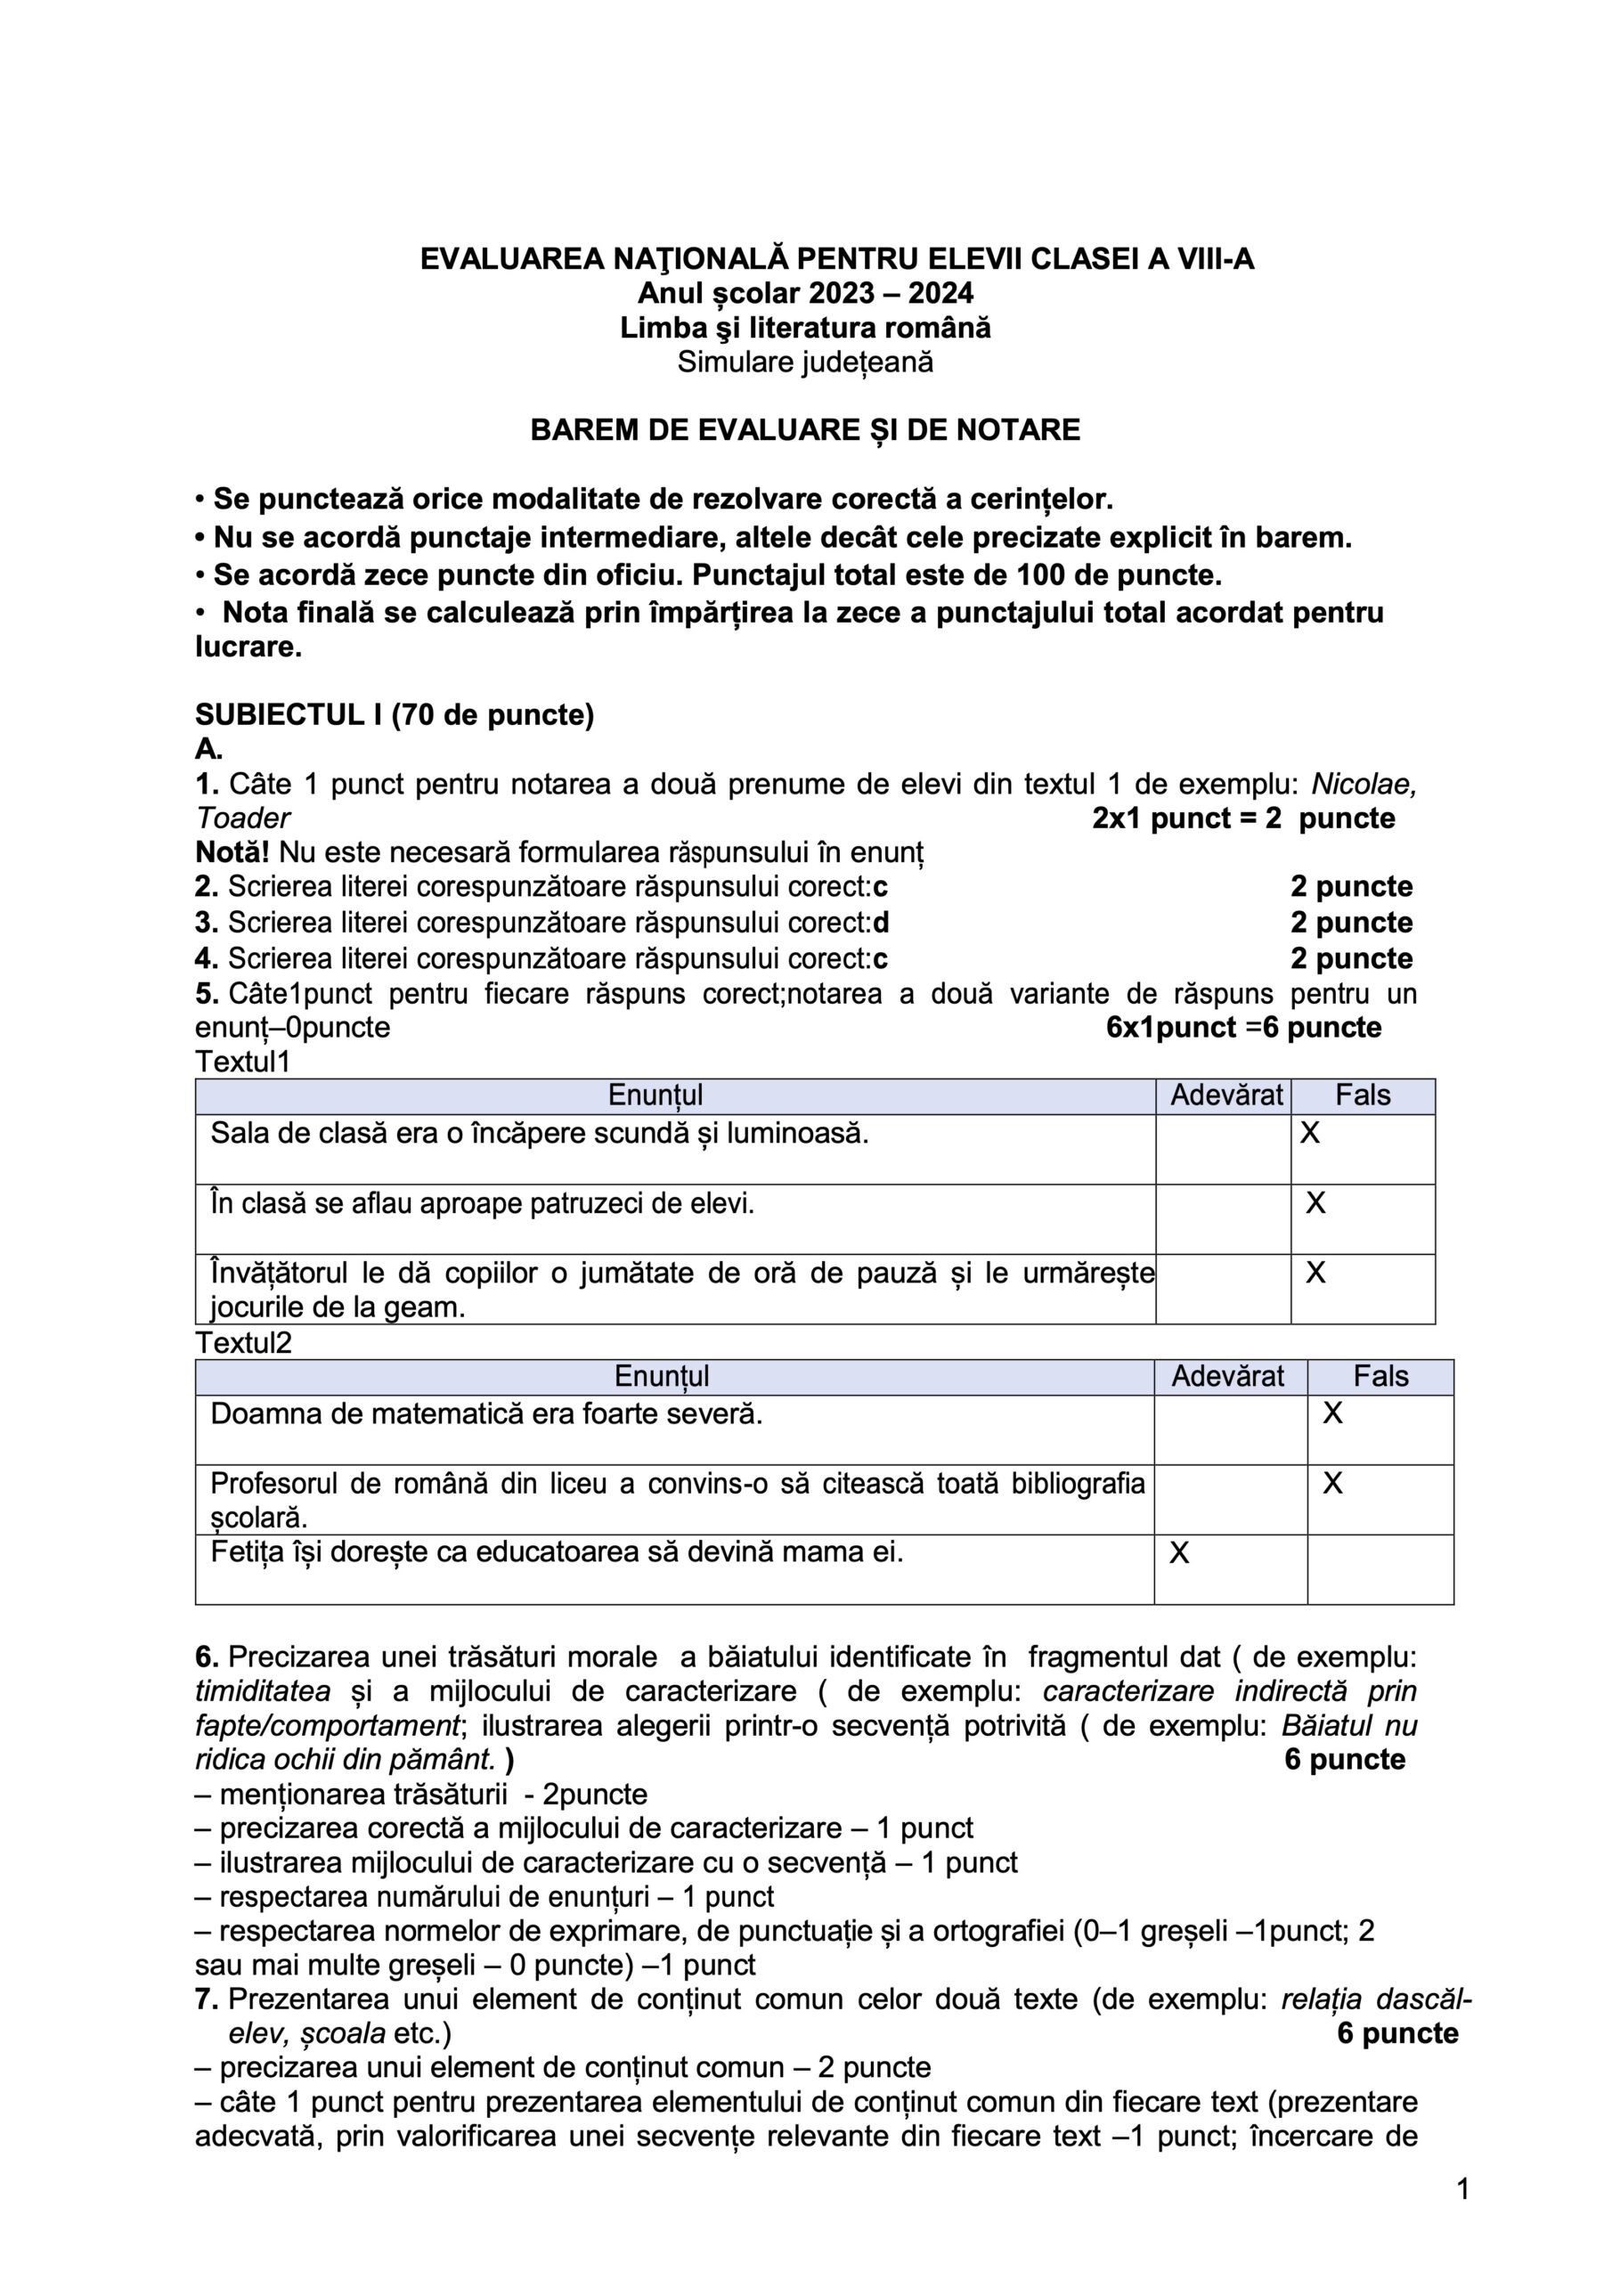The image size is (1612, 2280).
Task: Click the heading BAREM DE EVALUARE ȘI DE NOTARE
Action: click(804, 430)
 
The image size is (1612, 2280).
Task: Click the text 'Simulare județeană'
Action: click(804, 362)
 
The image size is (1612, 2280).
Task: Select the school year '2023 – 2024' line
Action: click(804, 293)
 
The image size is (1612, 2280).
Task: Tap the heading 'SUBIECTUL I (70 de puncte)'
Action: click(395, 715)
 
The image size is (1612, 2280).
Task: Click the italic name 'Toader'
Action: click(242, 818)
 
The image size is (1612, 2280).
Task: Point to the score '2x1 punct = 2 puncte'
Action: click(1242, 818)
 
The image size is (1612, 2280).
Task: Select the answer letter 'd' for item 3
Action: click(881, 923)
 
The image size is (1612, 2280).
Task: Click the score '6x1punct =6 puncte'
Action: click(1243, 1027)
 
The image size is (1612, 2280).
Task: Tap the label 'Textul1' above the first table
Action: click(242, 1062)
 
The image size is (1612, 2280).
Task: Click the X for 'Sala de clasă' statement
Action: click(1310, 1133)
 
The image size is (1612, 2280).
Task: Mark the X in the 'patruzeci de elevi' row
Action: click(1315, 1203)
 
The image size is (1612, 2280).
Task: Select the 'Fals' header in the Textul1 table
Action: click(1362, 1095)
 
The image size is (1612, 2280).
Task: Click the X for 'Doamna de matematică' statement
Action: click(1332, 1413)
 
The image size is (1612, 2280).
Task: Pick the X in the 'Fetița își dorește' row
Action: click(1179, 1553)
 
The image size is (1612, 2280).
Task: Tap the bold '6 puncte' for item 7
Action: click(1397, 2032)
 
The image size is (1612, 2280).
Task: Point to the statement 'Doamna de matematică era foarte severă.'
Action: click(485, 1413)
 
